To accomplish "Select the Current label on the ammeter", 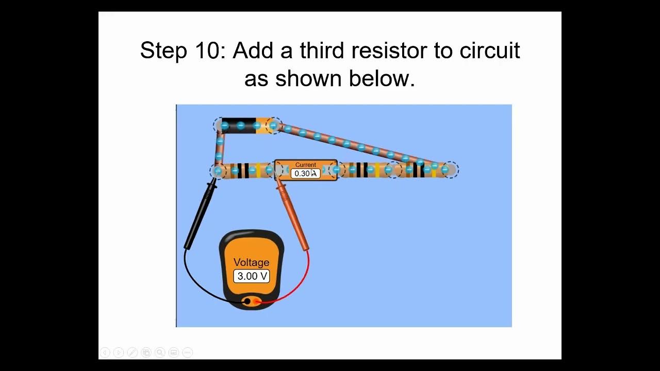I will (306, 165).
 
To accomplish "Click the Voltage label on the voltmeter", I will (252, 262).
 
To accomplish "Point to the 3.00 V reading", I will (252, 276).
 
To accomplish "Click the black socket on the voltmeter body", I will (247, 301).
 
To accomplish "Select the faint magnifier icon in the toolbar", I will (160, 352).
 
